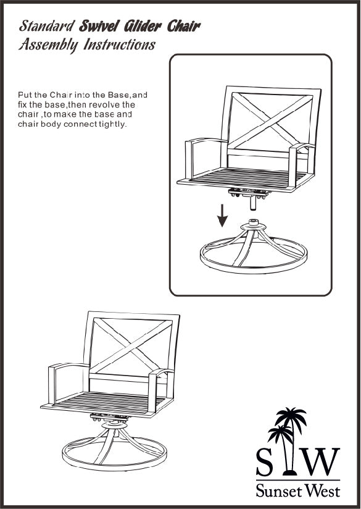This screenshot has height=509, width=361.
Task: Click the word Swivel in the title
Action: [x=98, y=27]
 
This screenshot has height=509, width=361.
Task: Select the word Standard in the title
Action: [x=47, y=27]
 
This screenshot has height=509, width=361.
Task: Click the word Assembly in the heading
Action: [x=48, y=45]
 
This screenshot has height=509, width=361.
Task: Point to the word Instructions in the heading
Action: [x=120, y=45]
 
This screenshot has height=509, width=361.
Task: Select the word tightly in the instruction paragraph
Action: [x=112, y=125]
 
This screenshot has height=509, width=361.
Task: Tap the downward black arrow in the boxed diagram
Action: [x=222, y=215]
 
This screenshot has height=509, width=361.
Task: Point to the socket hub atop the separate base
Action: [x=253, y=224]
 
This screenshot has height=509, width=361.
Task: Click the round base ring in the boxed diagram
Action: [x=254, y=269]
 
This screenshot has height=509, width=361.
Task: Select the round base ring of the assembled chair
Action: [x=114, y=465]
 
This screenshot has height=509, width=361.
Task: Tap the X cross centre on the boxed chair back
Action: [x=270, y=122]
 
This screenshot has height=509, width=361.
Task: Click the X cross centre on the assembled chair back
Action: [x=131, y=347]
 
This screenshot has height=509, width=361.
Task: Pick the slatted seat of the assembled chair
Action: [x=109, y=403]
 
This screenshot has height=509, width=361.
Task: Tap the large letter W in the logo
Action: [x=320, y=461]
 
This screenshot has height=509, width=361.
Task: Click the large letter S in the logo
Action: [x=265, y=461]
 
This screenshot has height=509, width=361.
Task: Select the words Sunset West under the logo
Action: [x=298, y=490]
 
